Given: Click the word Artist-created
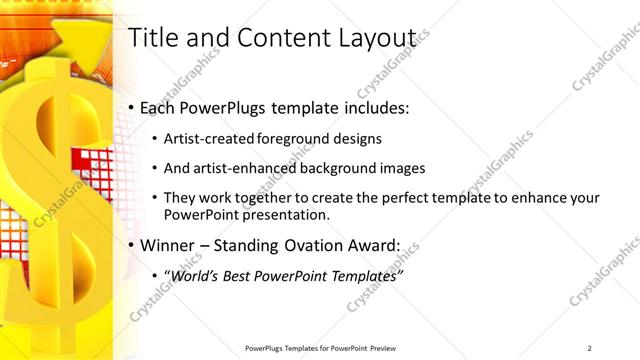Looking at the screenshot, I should (x=209, y=139).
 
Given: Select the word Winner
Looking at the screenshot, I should (x=169, y=245).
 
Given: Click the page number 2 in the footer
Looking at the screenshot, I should (x=590, y=347).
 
